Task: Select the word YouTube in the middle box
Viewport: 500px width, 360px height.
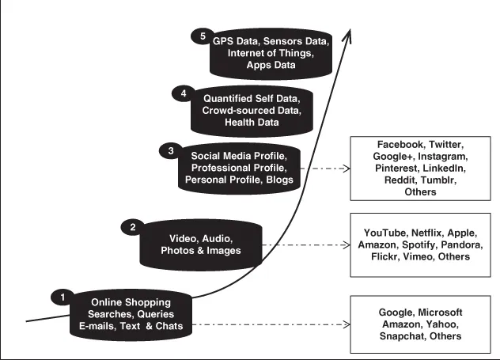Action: (388, 233)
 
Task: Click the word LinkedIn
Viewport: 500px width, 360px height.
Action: (444, 169)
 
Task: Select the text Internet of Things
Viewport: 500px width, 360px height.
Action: (269, 54)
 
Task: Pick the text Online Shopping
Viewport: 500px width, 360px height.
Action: (131, 302)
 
